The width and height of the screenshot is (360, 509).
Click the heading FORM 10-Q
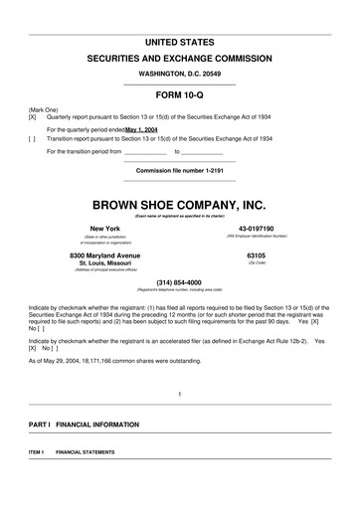(179, 95)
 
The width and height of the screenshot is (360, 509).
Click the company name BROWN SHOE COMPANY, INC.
(179, 206)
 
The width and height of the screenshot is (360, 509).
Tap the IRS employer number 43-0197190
(256, 229)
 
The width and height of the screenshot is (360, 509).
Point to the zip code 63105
(257, 255)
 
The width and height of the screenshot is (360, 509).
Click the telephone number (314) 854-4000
(179, 281)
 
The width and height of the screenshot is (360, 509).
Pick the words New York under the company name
(104, 229)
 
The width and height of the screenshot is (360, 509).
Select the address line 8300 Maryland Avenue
(104, 255)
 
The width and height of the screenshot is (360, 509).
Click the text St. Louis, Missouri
(104, 263)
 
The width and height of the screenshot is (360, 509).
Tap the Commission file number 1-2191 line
(179, 170)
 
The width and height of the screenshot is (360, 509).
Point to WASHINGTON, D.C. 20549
(179, 75)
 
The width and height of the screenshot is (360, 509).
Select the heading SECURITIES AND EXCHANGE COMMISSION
(179, 61)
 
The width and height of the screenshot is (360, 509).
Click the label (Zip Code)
(257, 263)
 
